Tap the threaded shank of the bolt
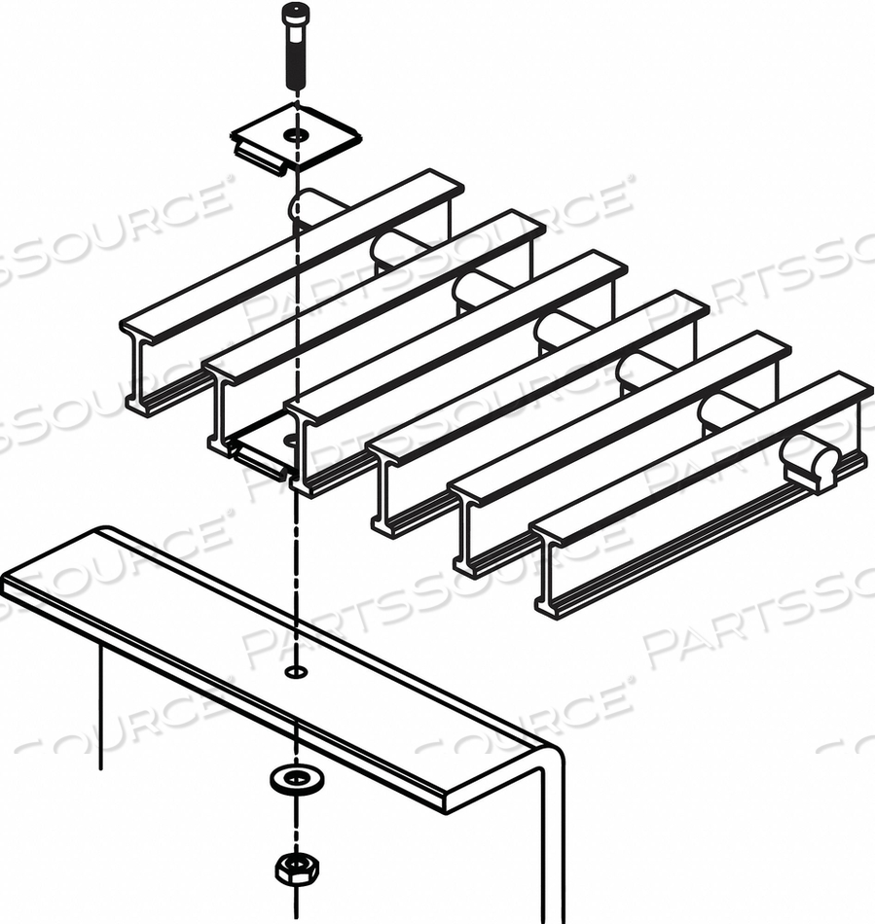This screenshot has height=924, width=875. pyautogui.click(x=294, y=64)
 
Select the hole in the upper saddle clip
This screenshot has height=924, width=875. pyautogui.click(x=296, y=133)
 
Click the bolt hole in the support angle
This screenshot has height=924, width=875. pyautogui.click(x=295, y=671)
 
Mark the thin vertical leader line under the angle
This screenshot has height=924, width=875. pyautogui.click(x=101, y=710)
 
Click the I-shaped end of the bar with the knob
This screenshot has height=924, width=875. pyautogui.click(x=549, y=574)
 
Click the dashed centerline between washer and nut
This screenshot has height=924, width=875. pyautogui.click(x=295, y=822)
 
